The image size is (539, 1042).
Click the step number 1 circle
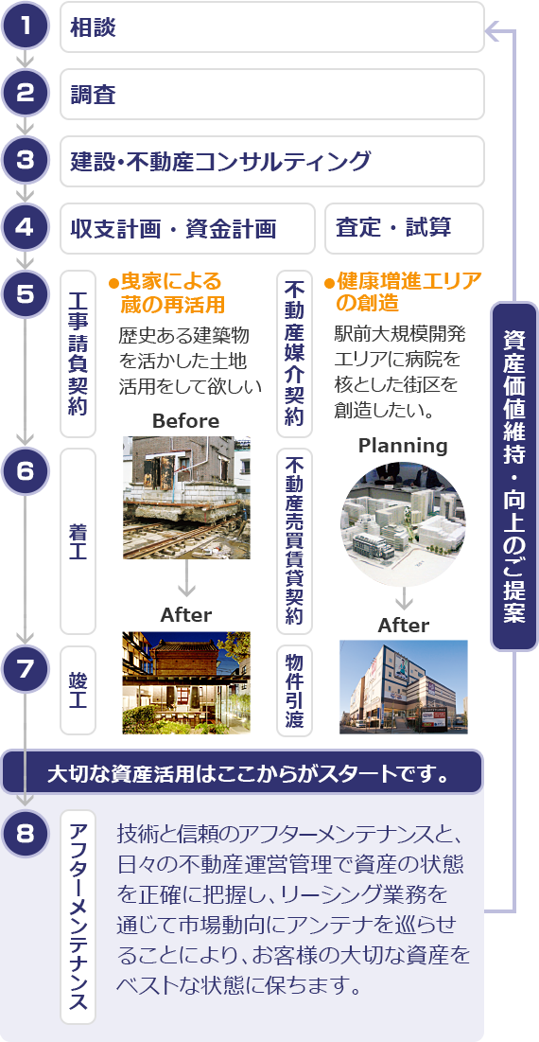pyautogui.click(x=26, y=26)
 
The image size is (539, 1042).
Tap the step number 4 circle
pyautogui.click(x=26, y=228)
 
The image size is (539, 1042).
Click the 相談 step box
pyautogui.click(x=272, y=27)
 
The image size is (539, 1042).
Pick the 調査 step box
pyautogui.click(x=272, y=95)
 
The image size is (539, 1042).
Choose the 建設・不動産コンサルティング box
pyautogui.click(x=272, y=162)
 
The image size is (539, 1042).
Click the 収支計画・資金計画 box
pyautogui.click(x=187, y=229)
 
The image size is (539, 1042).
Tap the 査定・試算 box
pyautogui.click(x=404, y=229)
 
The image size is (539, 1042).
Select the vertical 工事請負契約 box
pyautogui.click(x=78, y=354)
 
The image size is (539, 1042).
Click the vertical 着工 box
pyautogui.click(x=78, y=541)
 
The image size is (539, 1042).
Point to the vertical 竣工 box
pyautogui.click(x=78, y=690)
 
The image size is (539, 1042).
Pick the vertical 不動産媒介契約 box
pyautogui.click(x=294, y=354)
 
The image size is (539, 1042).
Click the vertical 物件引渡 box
pyautogui.click(x=294, y=690)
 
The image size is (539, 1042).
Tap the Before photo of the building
pyautogui.click(x=186, y=497)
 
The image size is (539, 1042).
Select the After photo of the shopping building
pyautogui.click(x=404, y=686)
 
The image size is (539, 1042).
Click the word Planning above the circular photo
pyautogui.click(x=403, y=445)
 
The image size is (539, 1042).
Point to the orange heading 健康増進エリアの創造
pyautogui.click(x=403, y=291)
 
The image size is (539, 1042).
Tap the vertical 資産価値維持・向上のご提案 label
pyautogui.click(x=514, y=476)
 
